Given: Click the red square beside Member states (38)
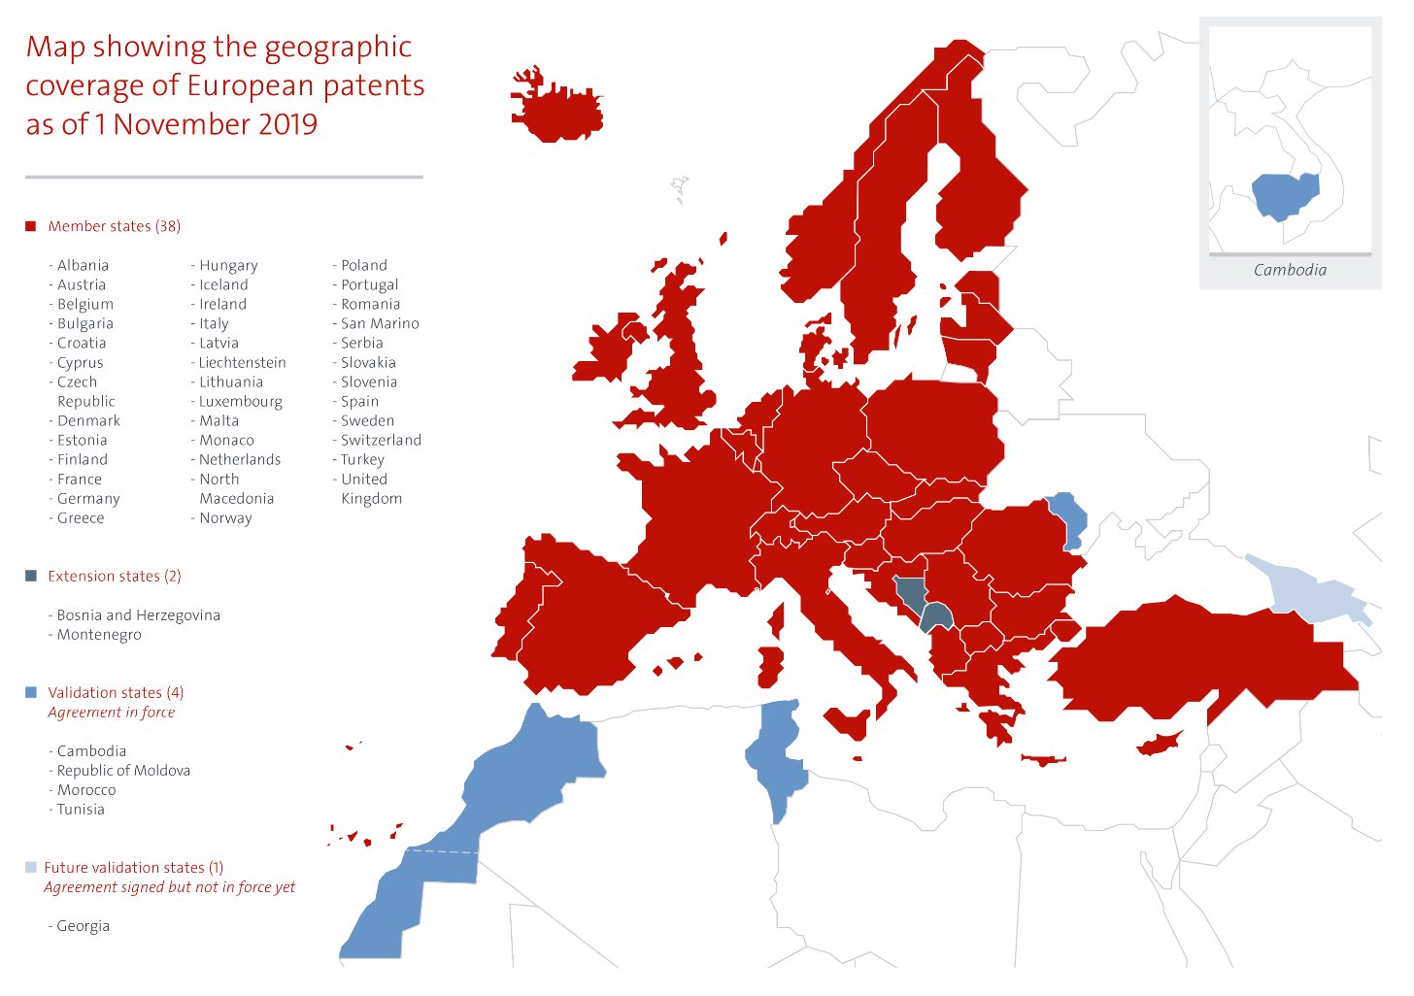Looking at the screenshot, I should (x=30, y=226).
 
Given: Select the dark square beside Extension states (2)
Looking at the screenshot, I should (x=30, y=576).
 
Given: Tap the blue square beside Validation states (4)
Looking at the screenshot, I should (x=30, y=692).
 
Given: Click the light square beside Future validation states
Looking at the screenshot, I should (x=30, y=867).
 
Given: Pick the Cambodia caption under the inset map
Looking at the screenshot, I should (x=1290, y=270).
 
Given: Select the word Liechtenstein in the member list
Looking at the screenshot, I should (x=242, y=362).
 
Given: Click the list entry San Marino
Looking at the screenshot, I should (x=380, y=323).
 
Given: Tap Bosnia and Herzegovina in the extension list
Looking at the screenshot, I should (x=138, y=614).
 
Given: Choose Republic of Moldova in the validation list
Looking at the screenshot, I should (x=123, y=770).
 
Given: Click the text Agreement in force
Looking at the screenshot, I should (x=112, y=712).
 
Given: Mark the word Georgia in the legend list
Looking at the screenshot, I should (x=83, y=925).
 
